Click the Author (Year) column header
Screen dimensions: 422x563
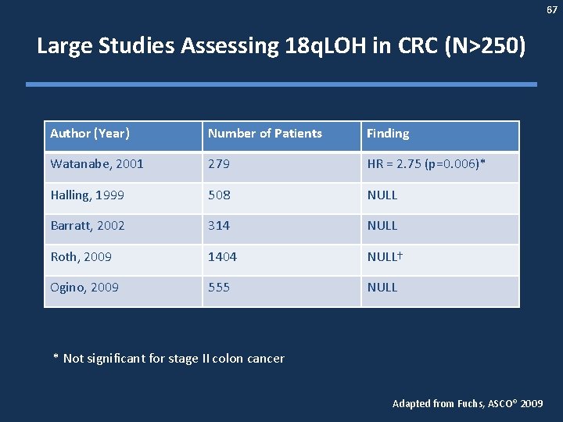coord(90,134)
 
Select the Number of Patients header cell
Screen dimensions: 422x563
coord(265,134)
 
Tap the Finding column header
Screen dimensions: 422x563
coord(389,134)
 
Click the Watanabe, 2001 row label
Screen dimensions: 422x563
coord(97,165)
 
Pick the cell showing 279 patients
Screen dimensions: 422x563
coord(219,165)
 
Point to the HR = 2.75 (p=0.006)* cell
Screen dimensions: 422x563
coord(427,165)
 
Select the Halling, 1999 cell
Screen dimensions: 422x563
coord(88,195)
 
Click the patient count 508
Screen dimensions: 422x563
coord(219,195)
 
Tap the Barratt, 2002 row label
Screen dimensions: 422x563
coord(88,226)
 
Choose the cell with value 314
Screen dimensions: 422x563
coord(219,226)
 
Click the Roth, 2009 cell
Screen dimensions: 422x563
coord(81,256)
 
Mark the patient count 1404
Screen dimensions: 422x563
coord(222,256)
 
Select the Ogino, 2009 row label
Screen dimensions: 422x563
coord(84,288)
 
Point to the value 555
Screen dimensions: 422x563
coord(219,288)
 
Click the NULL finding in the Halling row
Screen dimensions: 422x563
coord(382,195)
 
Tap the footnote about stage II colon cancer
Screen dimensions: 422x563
coord(169,359)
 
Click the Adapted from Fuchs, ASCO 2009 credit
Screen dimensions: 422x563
coord(467,404)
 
